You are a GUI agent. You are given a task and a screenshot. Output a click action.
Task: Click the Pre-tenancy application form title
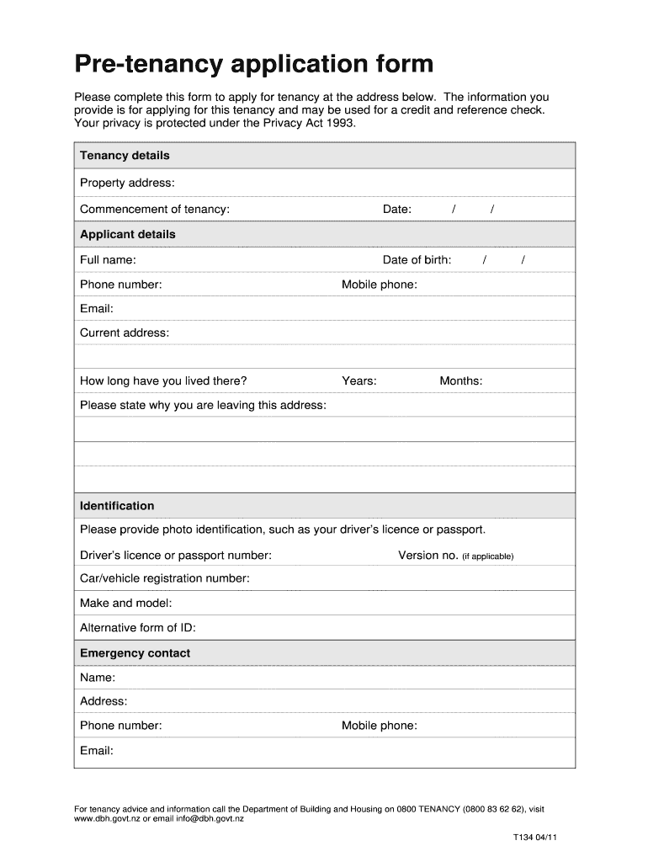[x=254, y=64]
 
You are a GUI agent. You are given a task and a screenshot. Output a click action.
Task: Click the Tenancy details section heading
[x=125, y=156]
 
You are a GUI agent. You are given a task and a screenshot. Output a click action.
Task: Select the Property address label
[x=127, y=184]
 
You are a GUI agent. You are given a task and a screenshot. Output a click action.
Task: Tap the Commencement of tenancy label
[x=154, y=210]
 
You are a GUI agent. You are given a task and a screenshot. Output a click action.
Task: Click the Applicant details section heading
[x=128, y=235]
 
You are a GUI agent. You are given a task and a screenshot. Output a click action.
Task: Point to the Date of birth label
[x=417, y=260]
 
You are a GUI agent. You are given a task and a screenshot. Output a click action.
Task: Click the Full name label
[x=108, y=260]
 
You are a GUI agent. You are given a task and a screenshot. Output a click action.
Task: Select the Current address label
[x=125, y=333]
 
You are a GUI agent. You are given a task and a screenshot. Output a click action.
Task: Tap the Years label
[x=359, y=381]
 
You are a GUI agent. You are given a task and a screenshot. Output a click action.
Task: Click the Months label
[x=460, y=381]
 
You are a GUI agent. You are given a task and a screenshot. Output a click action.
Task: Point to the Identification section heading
[x=117, y=506]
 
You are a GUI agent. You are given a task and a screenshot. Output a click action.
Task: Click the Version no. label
[x=428, y=556]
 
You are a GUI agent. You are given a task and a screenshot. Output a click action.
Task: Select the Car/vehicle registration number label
[x=165, y=579]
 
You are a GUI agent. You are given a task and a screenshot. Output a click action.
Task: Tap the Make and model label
[x=126, y=604]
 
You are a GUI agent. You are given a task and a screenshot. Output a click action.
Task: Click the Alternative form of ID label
[x=138, y=628]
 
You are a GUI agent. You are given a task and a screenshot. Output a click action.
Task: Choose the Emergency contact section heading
[x=135, y=653]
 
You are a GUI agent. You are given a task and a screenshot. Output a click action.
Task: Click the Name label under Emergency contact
[x=98, y=678]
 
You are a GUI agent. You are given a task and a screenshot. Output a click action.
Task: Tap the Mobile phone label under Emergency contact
[x=379, y=726]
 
